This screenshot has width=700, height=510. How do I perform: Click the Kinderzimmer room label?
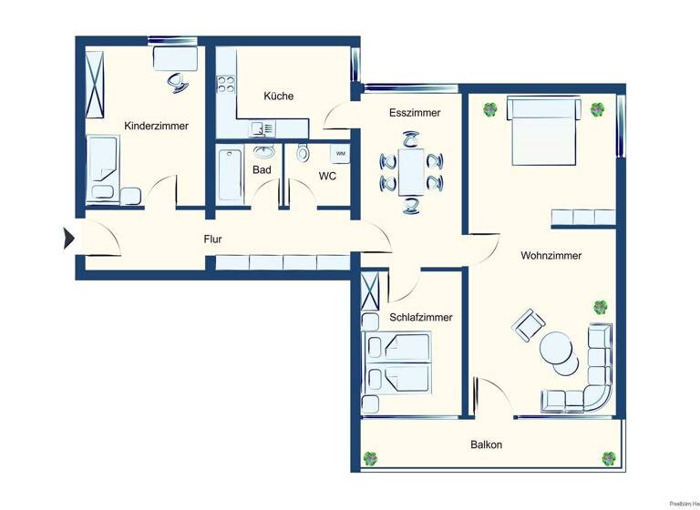[156, 126]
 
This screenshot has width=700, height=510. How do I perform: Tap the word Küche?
[278, 96]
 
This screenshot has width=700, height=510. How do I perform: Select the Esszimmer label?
[414, 113]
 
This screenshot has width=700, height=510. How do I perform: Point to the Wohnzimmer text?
[551, 256]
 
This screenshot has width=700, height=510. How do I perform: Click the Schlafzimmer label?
[420, 317]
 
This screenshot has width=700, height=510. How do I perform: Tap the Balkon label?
[486, 445]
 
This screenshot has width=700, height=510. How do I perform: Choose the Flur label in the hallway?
[212, 240]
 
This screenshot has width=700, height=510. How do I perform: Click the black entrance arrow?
[68, 239]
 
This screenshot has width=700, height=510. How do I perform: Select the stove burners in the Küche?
[224, 86]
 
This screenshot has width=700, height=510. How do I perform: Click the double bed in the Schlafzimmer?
[398, 362]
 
